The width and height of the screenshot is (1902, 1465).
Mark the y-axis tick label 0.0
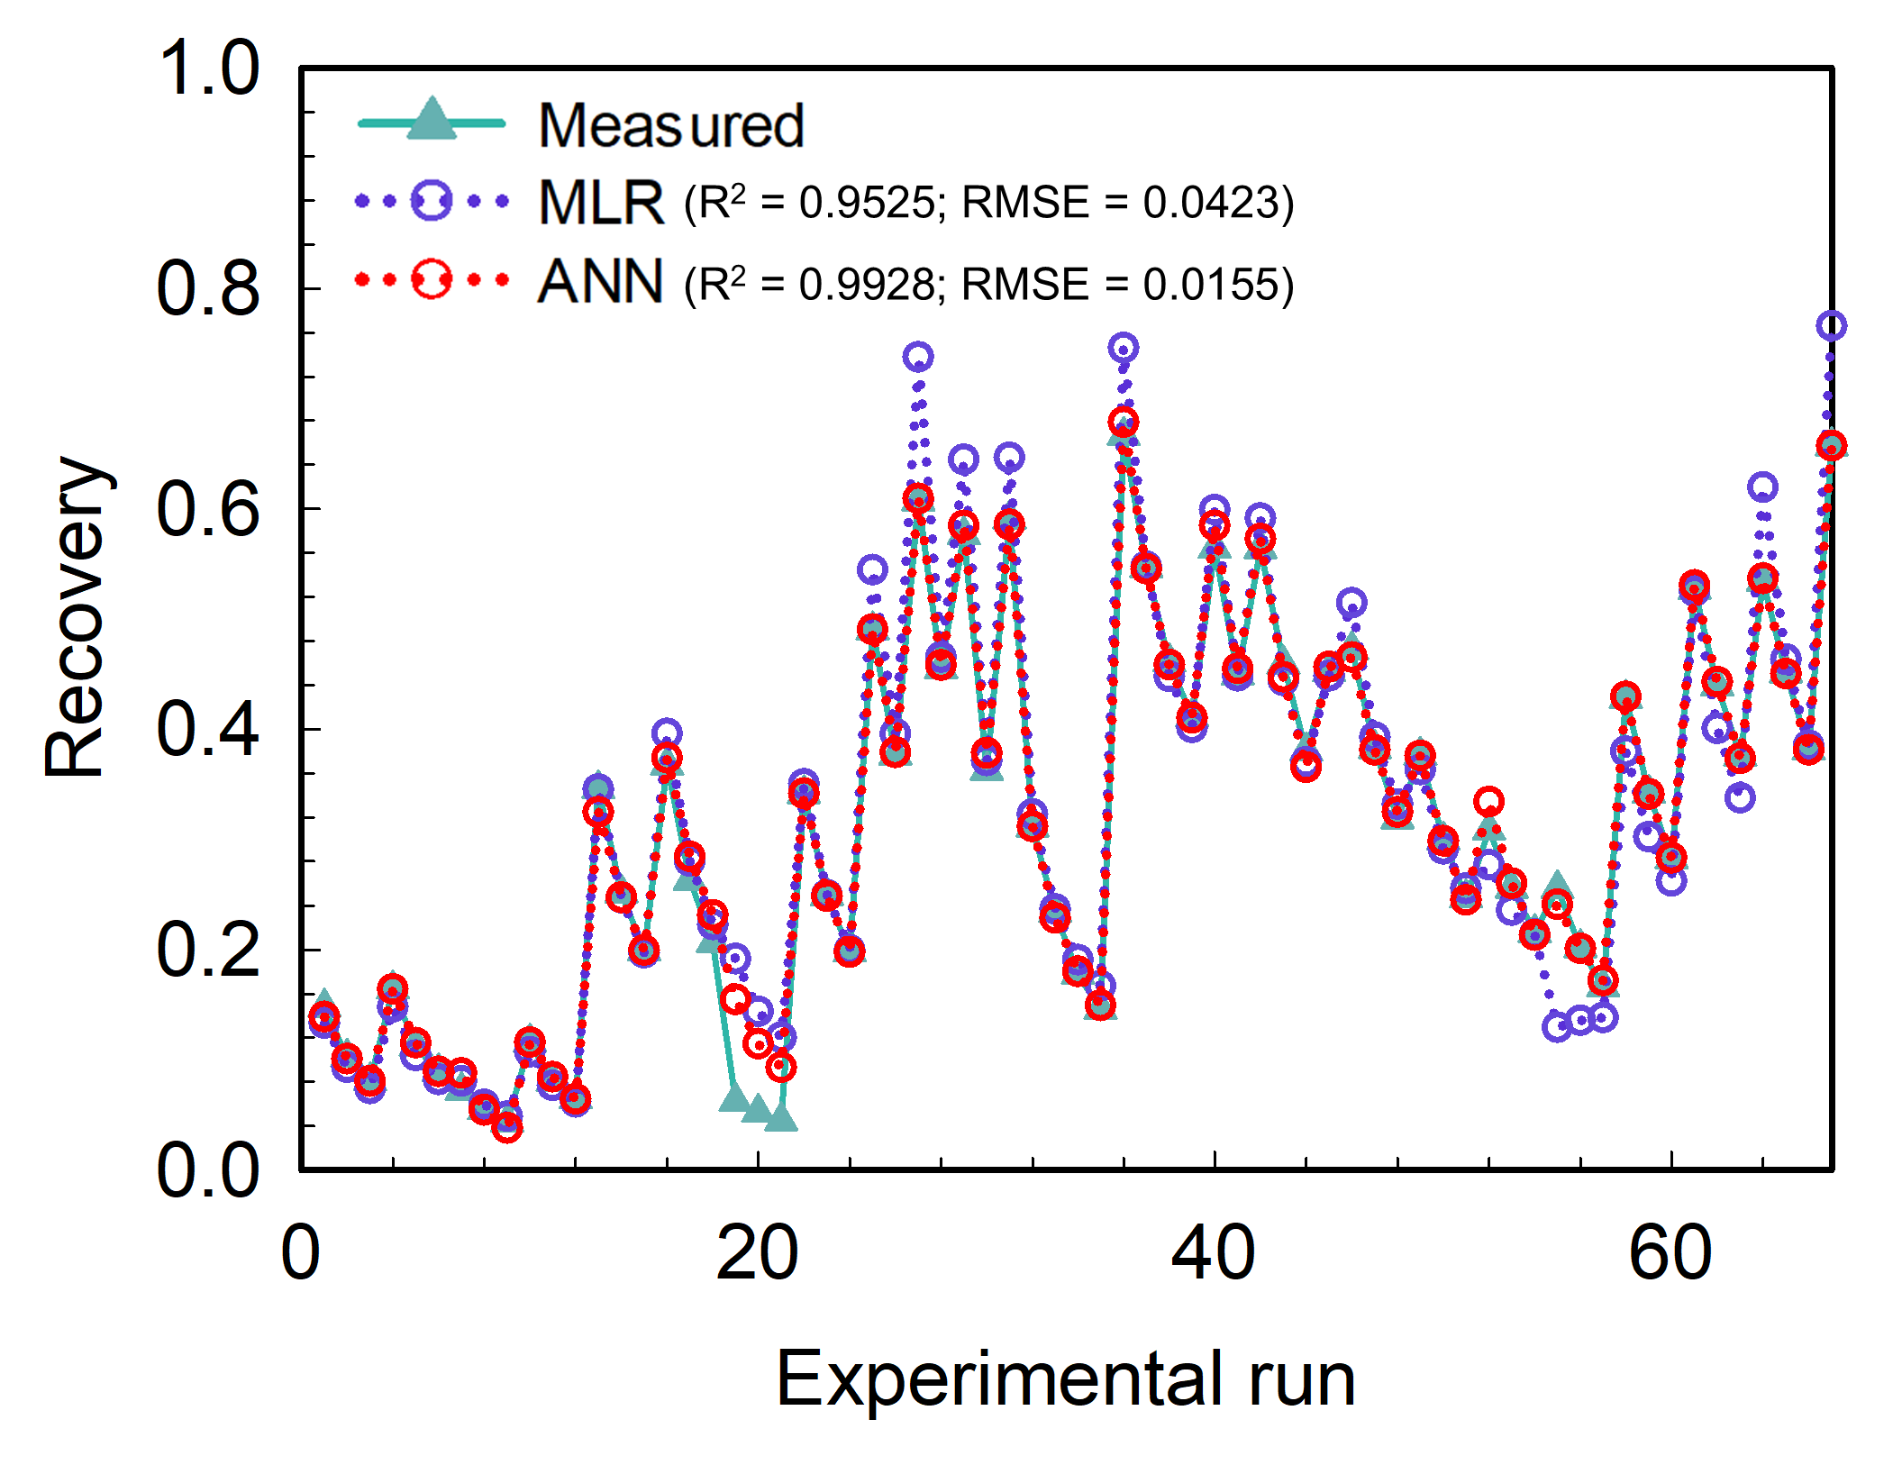coord(208,1170)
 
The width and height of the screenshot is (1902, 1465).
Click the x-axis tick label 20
coord(757,1252)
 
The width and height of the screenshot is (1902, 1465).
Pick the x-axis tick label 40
coord(1213,1252)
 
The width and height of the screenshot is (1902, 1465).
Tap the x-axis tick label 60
coord(1670,1252)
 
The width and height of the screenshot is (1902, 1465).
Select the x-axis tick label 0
coord(301,1252)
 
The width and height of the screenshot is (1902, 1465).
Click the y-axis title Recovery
coord(76,617)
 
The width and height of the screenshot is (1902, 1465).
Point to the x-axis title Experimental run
coord(1066,1379)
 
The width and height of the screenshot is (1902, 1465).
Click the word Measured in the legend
coord(670,125)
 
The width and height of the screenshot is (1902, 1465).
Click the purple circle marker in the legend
coord(432,200)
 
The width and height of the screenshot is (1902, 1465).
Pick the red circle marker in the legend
coord(432,279)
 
